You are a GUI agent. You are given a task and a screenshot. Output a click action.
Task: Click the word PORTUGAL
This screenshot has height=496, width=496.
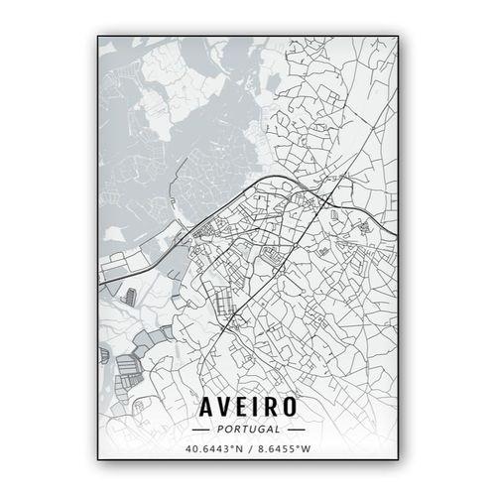248,430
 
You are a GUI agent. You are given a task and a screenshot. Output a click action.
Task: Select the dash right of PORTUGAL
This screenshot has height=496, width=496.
295,430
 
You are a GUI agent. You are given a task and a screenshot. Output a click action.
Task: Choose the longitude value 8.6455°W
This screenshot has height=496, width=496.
284,448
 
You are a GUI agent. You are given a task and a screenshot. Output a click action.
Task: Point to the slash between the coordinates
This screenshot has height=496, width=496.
249,448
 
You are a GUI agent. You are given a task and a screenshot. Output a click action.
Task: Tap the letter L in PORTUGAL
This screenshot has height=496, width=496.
276,430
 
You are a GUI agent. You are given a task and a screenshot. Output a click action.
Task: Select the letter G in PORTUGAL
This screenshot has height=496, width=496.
256,430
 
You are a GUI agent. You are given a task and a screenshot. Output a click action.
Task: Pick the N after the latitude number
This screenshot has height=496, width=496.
239,448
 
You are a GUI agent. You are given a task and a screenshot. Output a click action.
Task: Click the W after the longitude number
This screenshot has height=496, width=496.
307,448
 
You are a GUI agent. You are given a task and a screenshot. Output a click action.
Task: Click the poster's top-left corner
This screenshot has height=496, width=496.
98,37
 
